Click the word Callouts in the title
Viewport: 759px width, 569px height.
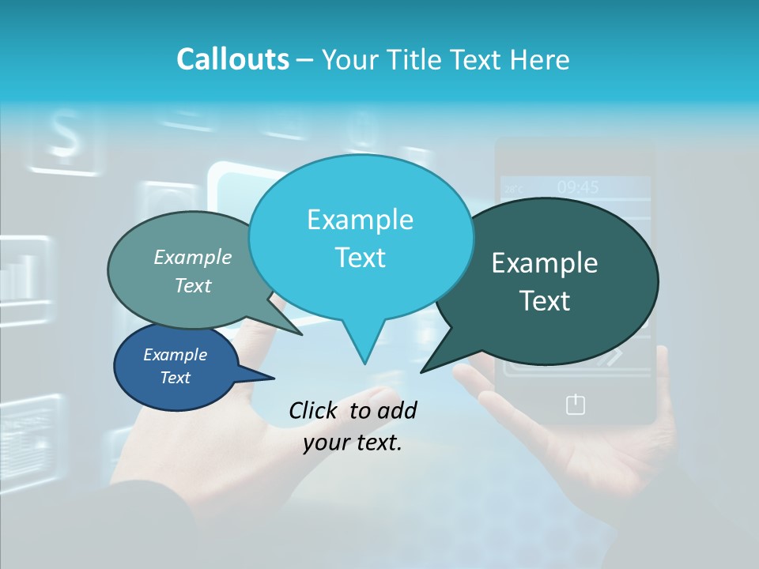tap(232, 59)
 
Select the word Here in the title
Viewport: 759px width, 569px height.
tap(538, 59)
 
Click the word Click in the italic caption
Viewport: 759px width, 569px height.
tap(315, 410)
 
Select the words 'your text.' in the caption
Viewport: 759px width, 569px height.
tap(353, 443)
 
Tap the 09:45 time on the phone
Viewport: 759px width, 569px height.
tap(578, 187)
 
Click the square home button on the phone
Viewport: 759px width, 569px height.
tap(576, 405)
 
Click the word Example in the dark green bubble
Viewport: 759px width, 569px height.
tap(545, 263)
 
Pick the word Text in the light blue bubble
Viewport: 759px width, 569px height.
tap(361, 258)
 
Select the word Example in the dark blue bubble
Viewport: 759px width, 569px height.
tap(176, 355)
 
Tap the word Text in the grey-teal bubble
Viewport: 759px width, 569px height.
tap(193, 285)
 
